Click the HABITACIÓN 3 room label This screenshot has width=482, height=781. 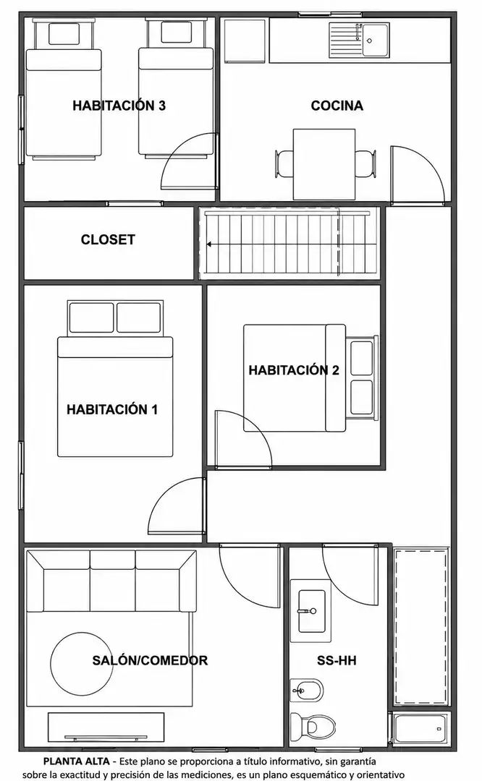pyautogui.click(x=119, y=106)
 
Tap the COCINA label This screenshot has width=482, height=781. pyautogui.click(x=337, y=106)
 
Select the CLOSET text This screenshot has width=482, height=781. pyautogui.click(x=108, y=239)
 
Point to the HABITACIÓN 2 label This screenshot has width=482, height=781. pyautogui.click(x=294, y=370)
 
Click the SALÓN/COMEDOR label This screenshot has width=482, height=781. pyautogui.click(x=150, y=660)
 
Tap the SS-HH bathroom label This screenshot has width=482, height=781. pyautogui.click(x=337, y=660)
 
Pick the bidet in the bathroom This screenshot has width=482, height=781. pyautogui.click(x=307, y=691)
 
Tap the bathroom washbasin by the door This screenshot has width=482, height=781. pyautogui.click(x=311, y=611)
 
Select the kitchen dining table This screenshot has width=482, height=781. pyautogui.click(x=324, y=164)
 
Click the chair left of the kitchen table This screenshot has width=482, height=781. pyautogui.click(x=284, y=164)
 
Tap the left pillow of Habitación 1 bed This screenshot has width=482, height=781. pyautogui.click(x=92, y=317)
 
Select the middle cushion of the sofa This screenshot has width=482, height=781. pyautogui.click(x=113, y=581)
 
